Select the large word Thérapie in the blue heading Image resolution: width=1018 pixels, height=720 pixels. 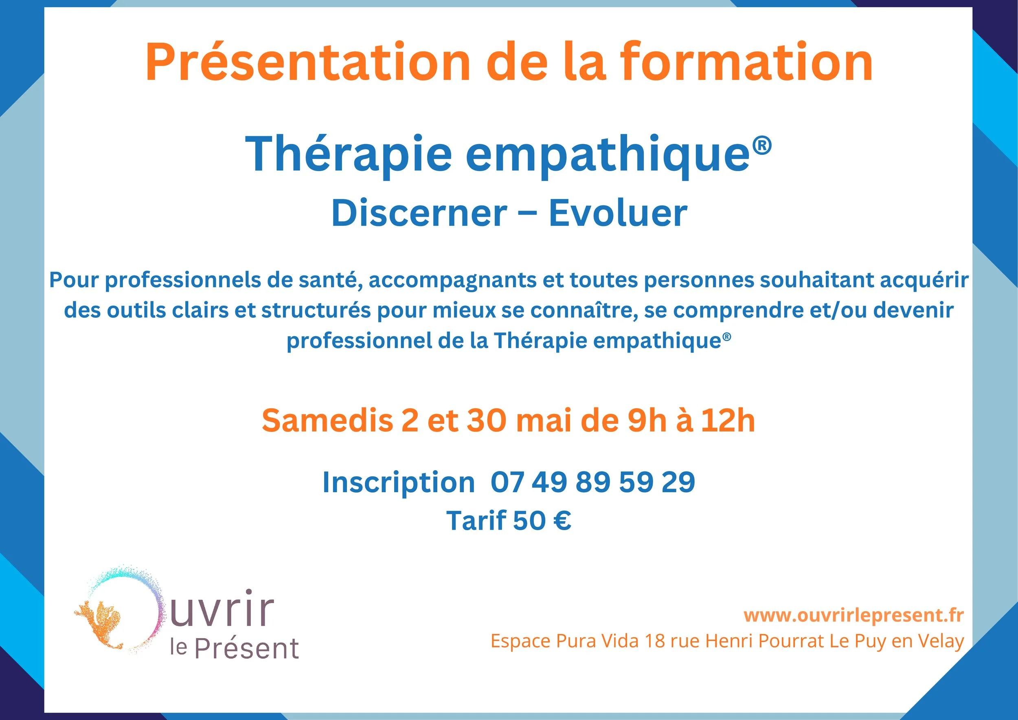point(348,154)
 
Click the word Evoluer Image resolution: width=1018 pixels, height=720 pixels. point(618,214)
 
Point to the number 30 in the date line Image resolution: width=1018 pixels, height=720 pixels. point(486,421)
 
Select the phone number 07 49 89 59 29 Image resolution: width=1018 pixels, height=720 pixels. point(592,482)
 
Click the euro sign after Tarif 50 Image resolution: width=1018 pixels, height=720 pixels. point(562,520)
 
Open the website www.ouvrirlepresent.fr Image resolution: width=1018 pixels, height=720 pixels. point(853,615)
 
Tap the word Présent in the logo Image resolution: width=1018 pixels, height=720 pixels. point(246,649)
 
